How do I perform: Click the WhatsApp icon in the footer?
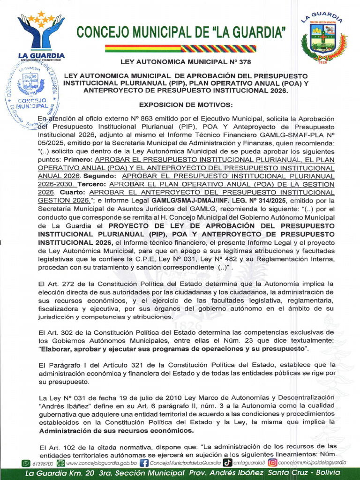tap(26, 463)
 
